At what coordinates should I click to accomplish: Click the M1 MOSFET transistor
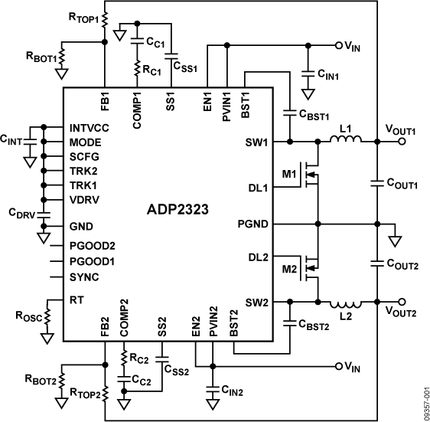(311, 178)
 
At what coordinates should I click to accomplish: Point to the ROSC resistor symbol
(47, 313)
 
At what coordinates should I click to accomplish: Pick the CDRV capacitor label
(23, 212)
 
